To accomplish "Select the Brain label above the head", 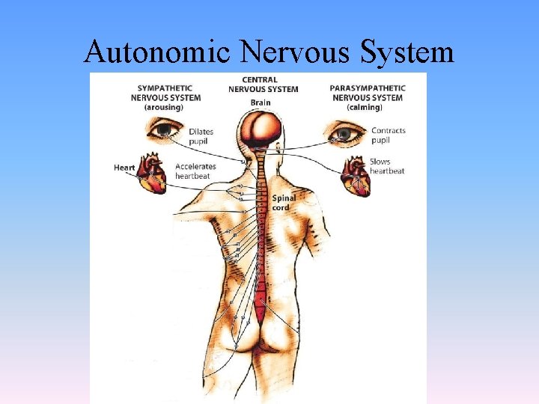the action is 261,102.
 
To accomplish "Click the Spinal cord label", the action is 284,203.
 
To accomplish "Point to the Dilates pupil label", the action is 201,136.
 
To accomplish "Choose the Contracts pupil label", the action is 389,135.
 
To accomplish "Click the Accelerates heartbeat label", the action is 195,171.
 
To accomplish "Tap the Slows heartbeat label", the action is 387,166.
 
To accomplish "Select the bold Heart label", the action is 124,167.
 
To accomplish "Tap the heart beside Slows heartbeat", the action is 355,177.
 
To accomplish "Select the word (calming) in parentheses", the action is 367,108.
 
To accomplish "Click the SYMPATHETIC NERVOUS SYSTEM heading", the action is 165,93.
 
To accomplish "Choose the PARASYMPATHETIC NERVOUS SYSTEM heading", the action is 367,93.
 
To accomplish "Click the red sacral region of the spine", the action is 260,307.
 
